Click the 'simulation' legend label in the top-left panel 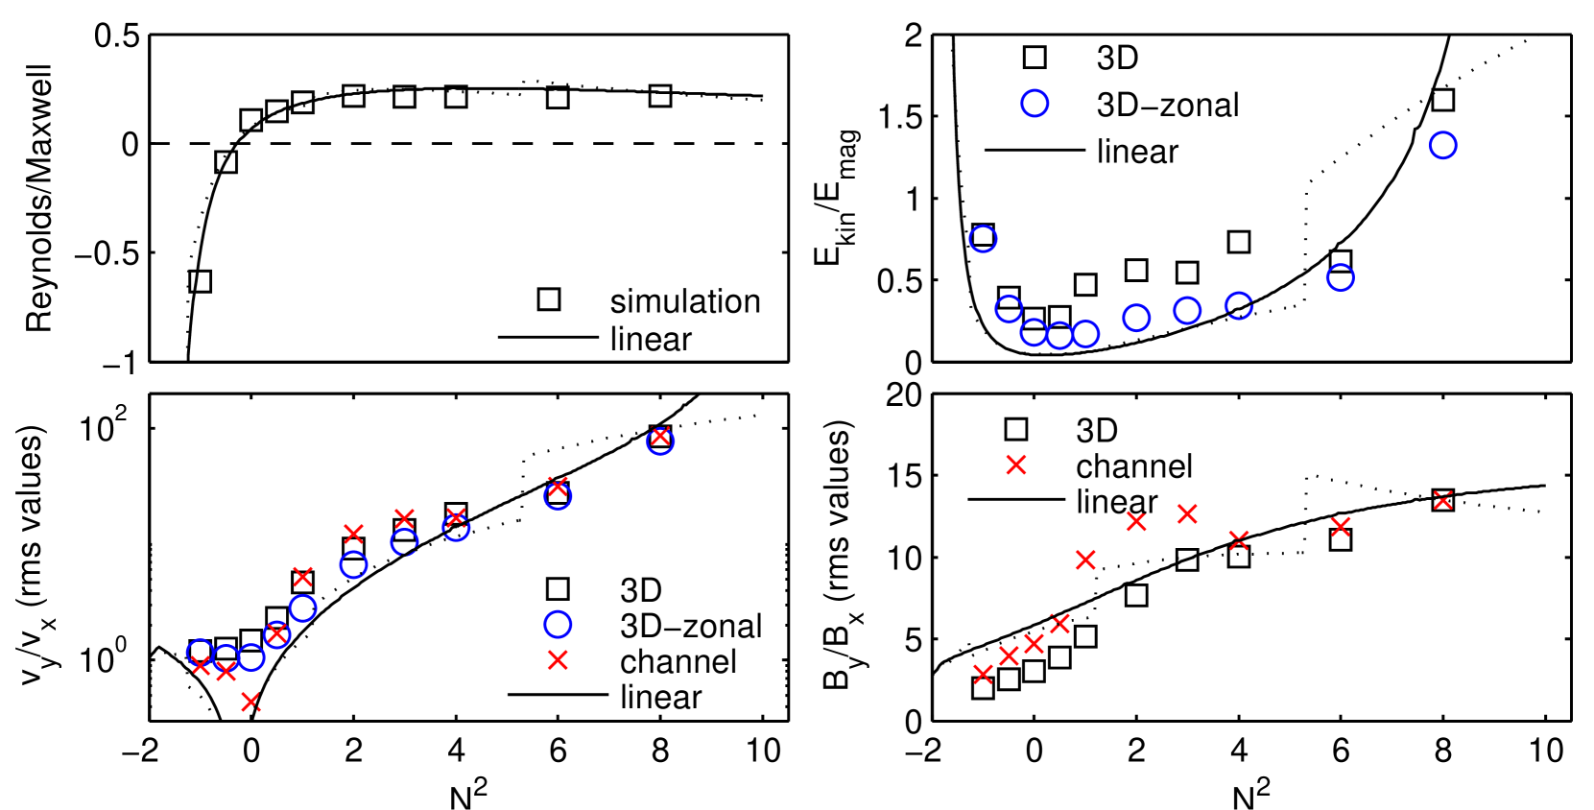pos(684,301)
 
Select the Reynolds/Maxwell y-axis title pos(38,199)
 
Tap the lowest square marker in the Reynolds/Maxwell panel pos(200,281)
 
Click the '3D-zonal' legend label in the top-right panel pos(1167,105)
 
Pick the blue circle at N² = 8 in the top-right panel pos(1442,146)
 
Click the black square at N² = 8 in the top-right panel pos(1442,100)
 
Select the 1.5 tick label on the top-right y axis pos(900,117)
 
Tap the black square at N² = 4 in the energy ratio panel pos(1239,242)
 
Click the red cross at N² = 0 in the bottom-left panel pos(250,703)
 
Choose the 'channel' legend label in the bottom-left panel pos(678,661)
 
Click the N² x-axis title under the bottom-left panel pos(468,793)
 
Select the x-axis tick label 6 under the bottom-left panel pos(558,751)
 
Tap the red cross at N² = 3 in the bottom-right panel pos(1187,514)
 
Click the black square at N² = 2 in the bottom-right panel pos(1136,595)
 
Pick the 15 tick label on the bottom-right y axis pos(900,476)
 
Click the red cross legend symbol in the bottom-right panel pos(1015,465)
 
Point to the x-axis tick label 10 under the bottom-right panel pos(1545,751)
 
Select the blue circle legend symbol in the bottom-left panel pos(558,625)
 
